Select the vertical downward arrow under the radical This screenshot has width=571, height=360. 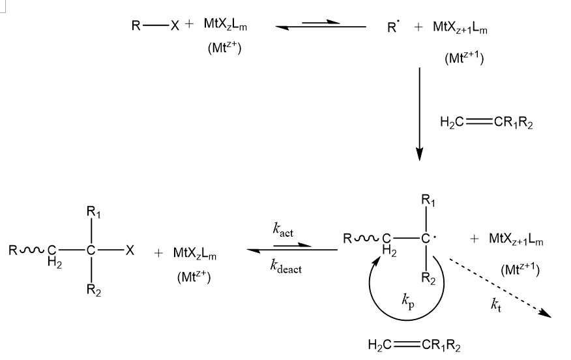[419, 112]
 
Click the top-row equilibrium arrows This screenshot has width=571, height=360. [320, 25]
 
